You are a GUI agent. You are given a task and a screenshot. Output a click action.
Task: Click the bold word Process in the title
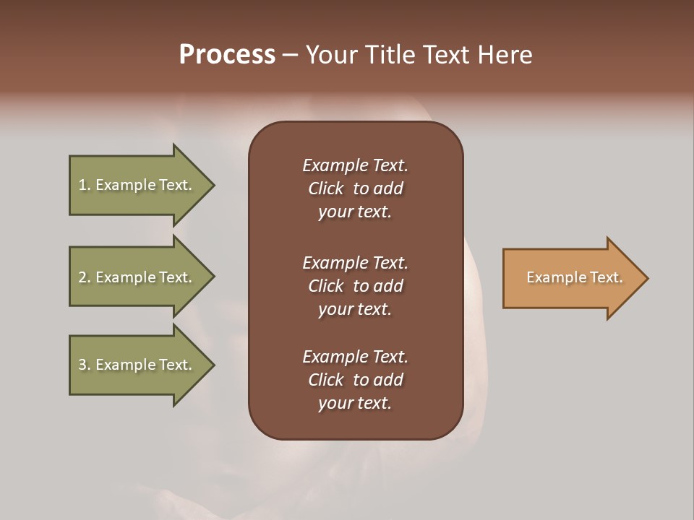[x=227, y=55]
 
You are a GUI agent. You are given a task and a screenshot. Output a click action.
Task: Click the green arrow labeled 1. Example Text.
[x=137, y=185]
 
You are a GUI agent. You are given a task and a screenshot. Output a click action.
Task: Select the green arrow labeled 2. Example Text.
[x=137, y=277]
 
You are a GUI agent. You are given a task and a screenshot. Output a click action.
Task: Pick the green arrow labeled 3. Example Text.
[x=137, y=365]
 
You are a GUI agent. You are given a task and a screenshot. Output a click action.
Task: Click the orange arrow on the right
[x=571, y=278]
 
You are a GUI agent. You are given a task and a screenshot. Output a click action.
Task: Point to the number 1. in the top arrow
[x=85, y=185]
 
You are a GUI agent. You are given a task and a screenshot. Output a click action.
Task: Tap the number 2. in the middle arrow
[x=85, y=277]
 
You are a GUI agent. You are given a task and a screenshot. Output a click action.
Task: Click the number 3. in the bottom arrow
[x=85, y=365]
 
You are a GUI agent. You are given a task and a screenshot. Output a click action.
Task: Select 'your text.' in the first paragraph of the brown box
[x=355, y=212]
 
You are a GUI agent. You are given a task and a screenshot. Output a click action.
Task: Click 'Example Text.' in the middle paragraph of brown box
[x=355, y=263]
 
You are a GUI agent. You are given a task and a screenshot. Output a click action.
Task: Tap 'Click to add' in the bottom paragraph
[x=355, y=380]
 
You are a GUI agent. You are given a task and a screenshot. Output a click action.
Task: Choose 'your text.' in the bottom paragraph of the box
[x=355, y=403]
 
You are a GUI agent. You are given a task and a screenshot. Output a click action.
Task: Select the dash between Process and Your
[x=290, y=56]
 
